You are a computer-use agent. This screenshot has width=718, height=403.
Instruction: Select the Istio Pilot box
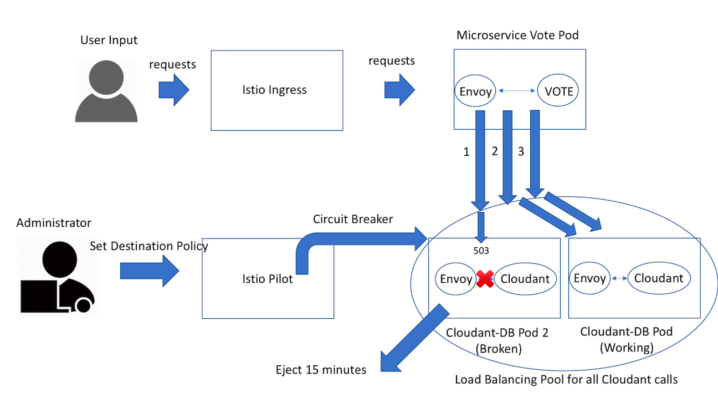click(268, 279)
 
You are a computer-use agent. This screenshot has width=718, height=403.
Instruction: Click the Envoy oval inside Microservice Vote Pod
click(475, 91)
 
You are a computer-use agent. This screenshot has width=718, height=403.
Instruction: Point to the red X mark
click(485, 279)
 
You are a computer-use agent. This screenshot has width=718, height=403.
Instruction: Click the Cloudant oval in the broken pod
click(524, 279)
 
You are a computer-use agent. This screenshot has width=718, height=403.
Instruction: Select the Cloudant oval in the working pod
click(659, 278)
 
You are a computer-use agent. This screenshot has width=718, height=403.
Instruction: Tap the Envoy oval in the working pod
click(590, 278)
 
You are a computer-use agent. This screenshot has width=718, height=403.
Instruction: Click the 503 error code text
click(480, 251)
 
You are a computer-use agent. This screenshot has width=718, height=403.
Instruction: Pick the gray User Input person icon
click(106, 92)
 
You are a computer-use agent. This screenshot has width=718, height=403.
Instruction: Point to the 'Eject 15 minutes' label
click(321, 370)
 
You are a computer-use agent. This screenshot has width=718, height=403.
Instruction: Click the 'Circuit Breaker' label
click(353, 219)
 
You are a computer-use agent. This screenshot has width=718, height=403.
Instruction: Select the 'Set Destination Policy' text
click(148, 246)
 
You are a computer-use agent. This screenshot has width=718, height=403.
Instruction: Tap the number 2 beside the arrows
click(494, 151)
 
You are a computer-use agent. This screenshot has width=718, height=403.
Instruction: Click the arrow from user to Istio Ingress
click(174, 89)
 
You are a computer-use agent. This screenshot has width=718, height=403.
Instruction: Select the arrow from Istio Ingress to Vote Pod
click(399, 88)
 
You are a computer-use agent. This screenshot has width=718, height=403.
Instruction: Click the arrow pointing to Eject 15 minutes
click(413, 339)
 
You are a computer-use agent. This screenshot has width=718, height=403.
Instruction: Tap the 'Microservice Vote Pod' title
click(517, 35)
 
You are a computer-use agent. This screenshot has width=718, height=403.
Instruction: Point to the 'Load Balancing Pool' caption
click(566, 380)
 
